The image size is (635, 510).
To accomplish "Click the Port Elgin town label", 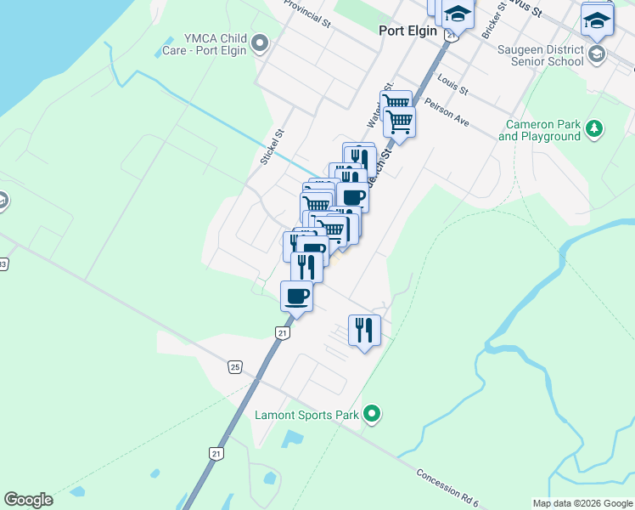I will pyautogui.click(x=407, y=31).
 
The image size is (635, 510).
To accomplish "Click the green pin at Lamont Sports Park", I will pyautogui.click(x=371, y=415).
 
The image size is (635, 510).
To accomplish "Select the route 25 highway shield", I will pyautogui.click(x=234, y=366).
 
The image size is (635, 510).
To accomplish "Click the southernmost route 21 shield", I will pyautogui.click(x=217, y=454).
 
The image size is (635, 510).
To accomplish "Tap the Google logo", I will pyautogui.click(x=28, y=500).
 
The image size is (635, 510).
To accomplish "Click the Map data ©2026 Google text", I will pyautogui.click(x=582, y=503).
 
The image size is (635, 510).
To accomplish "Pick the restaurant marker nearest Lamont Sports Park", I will pyautogui.click(x=364, y=330).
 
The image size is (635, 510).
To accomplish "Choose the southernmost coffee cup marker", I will pyautogui.click(x=296, y=296).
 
